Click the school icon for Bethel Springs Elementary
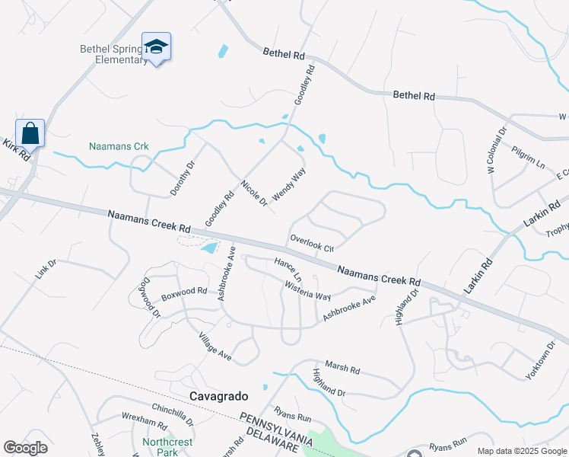tap(156, 47)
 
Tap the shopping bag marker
tap(30, 133)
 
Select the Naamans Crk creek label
tap(119, 146)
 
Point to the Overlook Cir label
tap(312, 243)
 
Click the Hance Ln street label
tap(288, 269)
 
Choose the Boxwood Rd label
tap(184, 291)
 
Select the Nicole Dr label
tap(254, 193)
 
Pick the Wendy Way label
tap(289, 184)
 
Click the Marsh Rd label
tap(342, 368)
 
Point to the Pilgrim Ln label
tap(529, 158)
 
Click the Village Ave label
tap(215, 347)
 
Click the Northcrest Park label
tap(167, 446)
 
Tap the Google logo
tap(26, 448)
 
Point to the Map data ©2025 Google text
tap(521, 451)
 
